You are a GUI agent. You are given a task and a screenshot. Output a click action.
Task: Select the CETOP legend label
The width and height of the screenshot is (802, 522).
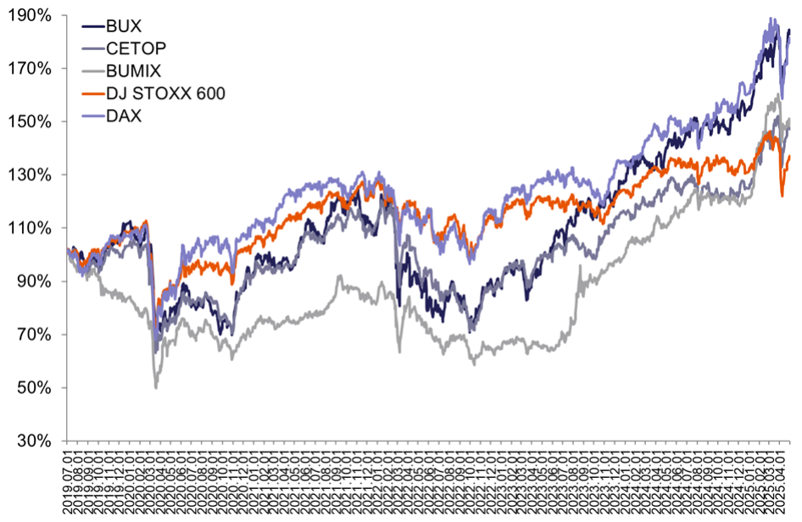[135, 49]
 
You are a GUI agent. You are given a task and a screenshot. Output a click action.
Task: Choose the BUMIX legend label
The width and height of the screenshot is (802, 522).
[134, 71]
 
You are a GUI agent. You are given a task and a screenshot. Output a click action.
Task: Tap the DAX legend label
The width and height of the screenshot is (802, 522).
[124, 115]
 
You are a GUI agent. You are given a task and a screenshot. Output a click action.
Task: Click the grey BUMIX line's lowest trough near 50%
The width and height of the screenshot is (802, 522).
[155, 387]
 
